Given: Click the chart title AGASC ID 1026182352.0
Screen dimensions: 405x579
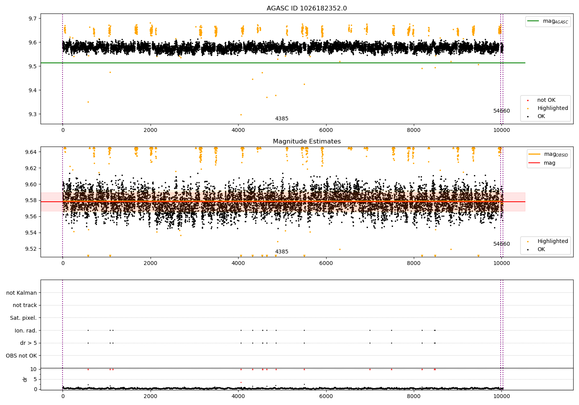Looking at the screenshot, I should (306, 8).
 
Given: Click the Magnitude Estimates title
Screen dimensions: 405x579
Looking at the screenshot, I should (306, 142).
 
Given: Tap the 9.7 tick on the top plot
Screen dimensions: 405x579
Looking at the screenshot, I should (32, 19).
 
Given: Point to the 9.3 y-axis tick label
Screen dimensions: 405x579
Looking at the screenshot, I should (32, 115).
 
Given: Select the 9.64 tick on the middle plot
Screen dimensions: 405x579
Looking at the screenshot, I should (31, 152).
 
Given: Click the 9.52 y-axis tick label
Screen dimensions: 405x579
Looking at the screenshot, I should (31, 249).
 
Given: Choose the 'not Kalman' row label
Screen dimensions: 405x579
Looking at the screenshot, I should (22, 293).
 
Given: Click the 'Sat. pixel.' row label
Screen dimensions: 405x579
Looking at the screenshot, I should (23, 318).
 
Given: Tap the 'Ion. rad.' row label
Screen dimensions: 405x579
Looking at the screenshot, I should (25, 331).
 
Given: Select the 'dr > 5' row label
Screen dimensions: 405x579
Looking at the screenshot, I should (28, 343).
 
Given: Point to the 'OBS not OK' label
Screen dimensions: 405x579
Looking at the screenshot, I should (21, 356).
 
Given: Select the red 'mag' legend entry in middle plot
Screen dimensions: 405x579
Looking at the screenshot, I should (549, 163).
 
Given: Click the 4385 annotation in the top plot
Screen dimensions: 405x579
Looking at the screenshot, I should (281, 119).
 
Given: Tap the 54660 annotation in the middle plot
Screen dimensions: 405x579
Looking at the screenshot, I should (501, 244).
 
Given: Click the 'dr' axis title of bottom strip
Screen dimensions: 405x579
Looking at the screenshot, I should (25, 379).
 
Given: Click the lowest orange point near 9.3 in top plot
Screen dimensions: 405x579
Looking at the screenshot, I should (241, 115).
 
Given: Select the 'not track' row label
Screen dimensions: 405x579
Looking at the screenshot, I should (25, 305).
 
